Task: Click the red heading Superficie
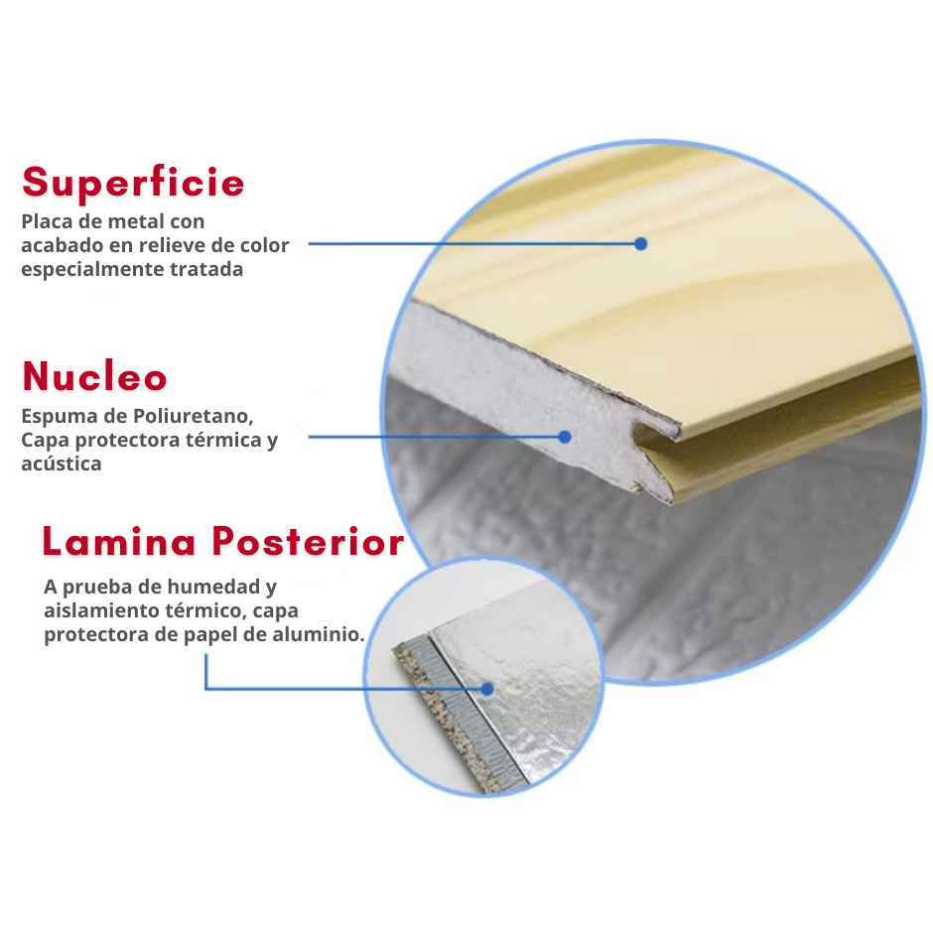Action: point(133,182)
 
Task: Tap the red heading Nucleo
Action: point(94,376)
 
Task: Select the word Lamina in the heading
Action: point(119,542)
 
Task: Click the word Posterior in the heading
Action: point(309,542)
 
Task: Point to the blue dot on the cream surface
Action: point(641,243)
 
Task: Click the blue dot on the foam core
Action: point(565,438)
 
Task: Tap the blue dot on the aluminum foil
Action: point(487,689)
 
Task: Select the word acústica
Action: point(62,464)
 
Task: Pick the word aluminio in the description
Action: point(319,634)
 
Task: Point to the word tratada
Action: point(206,269)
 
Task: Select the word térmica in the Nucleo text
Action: point(223,440)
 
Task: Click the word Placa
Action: point(47,221)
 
